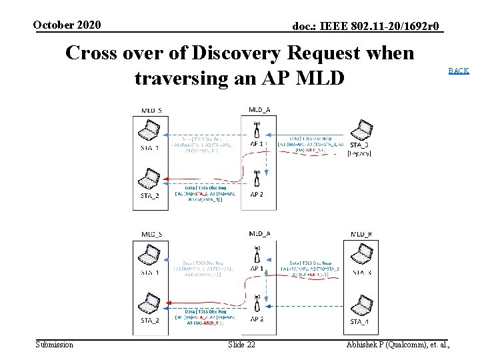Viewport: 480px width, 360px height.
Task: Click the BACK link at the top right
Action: point(458,70)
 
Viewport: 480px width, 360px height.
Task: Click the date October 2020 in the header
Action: point(67,25)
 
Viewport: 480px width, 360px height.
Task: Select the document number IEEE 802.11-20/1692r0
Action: point(366,26)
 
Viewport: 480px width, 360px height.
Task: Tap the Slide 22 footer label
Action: point(241,344)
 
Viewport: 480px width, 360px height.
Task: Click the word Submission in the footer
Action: point(54,344)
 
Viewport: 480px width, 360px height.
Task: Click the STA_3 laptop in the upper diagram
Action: point(361,128)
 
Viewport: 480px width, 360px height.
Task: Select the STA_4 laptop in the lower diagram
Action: point(361,306)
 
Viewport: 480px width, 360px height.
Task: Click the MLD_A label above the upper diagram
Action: point(259,109)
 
